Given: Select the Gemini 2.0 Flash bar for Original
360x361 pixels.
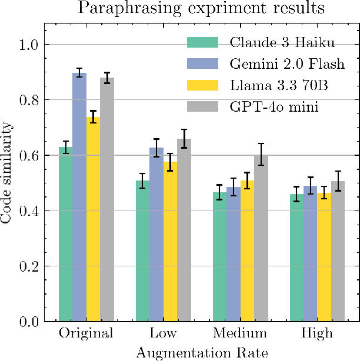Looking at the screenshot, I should point(79,197).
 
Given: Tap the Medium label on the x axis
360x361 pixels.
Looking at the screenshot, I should point(240,334).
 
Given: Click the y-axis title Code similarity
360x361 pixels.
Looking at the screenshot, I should point(7,173).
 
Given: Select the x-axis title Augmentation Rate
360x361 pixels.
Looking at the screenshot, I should point(202,353).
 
